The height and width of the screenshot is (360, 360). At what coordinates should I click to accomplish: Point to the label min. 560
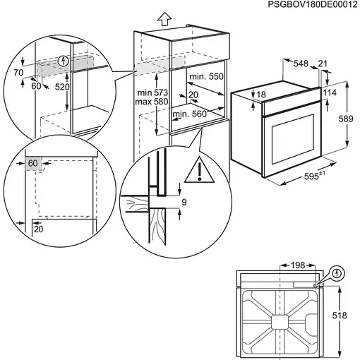[x=189, y=114]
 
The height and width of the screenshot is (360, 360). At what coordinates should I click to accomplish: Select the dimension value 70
[x=18, y=72]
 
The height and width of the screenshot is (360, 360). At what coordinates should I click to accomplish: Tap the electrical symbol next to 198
[x=337, y=272]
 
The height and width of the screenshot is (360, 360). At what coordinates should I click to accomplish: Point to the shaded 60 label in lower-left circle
[x=33, y=163]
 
